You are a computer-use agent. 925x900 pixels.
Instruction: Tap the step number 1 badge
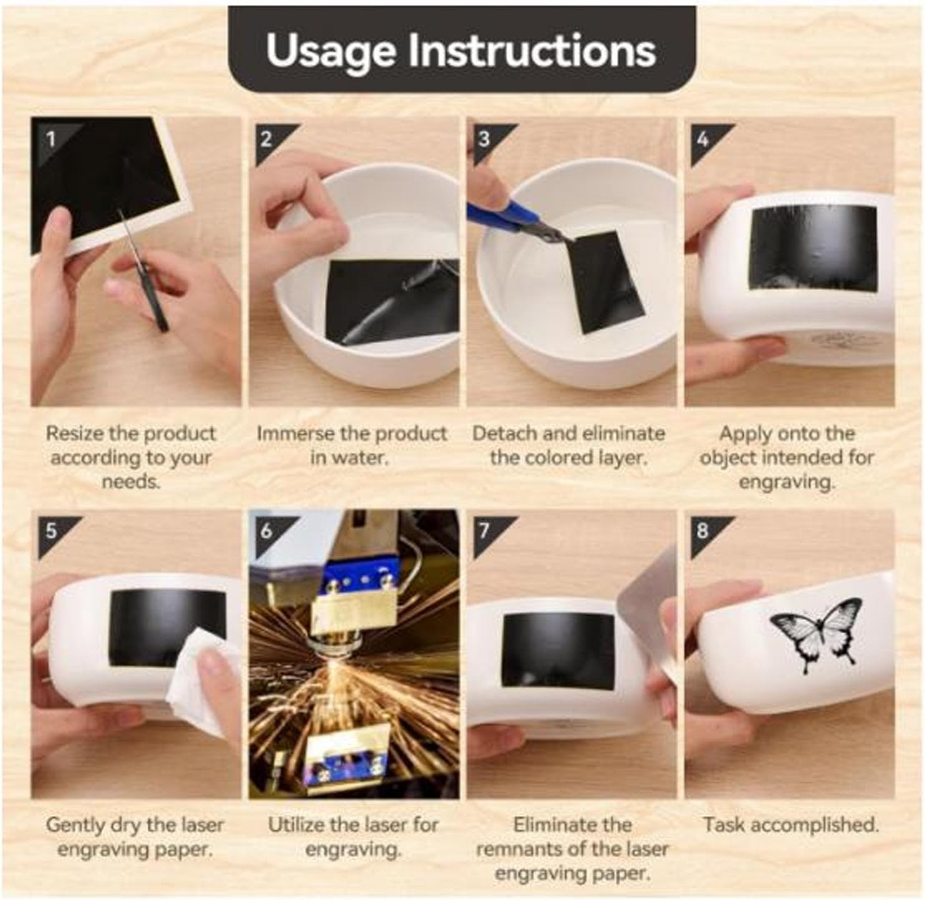pyautogui.click(x=51, y=138)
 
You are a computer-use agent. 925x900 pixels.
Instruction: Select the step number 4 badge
pyautogui.click(x=702, y=138)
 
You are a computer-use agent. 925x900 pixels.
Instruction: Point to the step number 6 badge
pyautogui.click(x=266, y=531)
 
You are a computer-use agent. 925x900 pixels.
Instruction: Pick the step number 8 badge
pyautogui.click(x=702, y=531)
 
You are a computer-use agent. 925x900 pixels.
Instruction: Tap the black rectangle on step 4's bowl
pyautogui.click(x=813, y=246)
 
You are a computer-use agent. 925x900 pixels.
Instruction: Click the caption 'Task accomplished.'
pyautogui.click(x=790, y=825)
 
